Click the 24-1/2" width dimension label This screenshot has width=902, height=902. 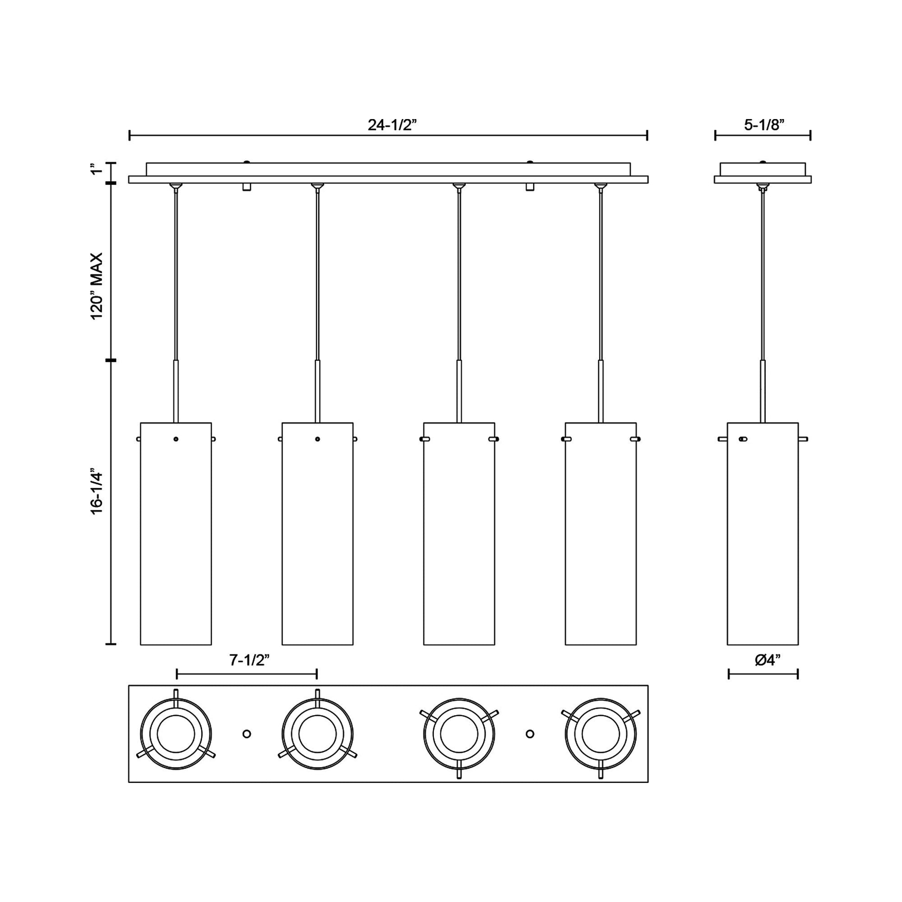point(392,125)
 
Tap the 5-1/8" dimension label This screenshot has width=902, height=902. point(764,125)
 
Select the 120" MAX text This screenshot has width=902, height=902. point(96,286)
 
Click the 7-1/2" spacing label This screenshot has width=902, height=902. point(250,660)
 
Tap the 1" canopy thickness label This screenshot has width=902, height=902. point(96,169)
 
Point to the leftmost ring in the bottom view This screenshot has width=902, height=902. point(176,734)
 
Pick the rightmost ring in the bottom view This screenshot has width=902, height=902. point(600,734)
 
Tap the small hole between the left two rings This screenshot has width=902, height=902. point(247,734)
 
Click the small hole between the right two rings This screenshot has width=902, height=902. point(530,734)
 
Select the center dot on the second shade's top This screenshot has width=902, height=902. point(318,439)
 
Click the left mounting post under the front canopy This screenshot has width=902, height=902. point(247,187)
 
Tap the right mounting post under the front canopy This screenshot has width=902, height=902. point(530,187)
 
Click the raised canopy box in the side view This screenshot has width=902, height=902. point(762,169)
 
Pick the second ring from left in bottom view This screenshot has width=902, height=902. point(318,734)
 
